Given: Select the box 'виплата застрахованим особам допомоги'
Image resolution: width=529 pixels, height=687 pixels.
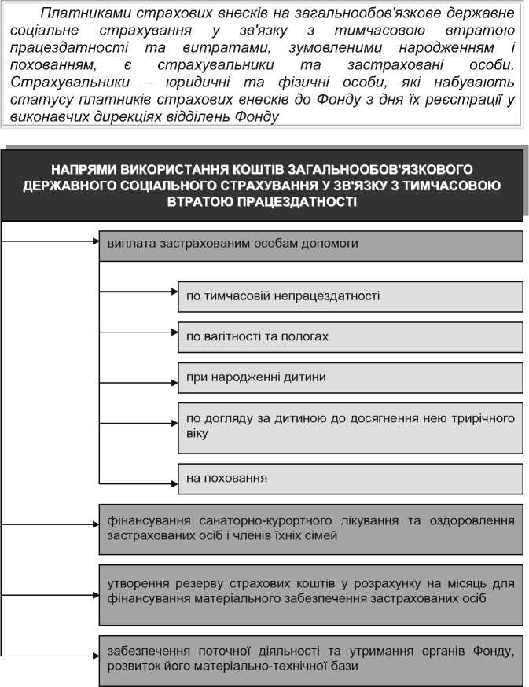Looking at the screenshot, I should [310, 244].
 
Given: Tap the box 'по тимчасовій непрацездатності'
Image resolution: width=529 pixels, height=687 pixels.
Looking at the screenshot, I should [350, 296].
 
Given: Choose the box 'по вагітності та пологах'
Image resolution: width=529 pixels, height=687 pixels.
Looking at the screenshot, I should [350, 336].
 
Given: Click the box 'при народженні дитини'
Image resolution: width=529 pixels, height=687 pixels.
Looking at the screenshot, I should [350, 377].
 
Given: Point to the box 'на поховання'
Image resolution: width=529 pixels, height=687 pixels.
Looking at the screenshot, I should [350, 478].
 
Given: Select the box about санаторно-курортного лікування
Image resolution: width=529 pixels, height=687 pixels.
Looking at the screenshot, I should [310, 528].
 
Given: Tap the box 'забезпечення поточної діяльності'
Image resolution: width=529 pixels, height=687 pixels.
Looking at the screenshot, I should [310, 659].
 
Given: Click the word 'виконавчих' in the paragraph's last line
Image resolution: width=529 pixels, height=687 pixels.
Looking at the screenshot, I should [47, 116].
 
